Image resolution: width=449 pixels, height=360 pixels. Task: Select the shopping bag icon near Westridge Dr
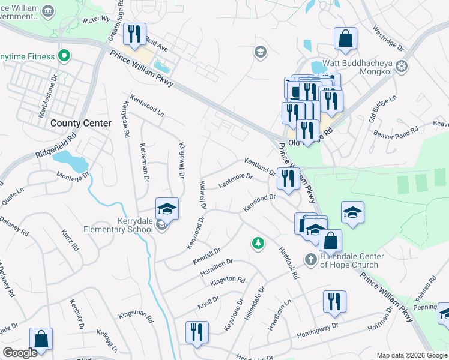345,40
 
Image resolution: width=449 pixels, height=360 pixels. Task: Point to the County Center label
81,123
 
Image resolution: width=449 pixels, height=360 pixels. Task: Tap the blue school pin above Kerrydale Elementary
167,209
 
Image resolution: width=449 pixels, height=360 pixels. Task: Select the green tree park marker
258,243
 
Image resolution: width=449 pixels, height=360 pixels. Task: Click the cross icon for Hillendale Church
310,259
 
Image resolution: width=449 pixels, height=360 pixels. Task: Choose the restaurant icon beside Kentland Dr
289,179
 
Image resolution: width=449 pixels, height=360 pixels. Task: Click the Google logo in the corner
20,352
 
